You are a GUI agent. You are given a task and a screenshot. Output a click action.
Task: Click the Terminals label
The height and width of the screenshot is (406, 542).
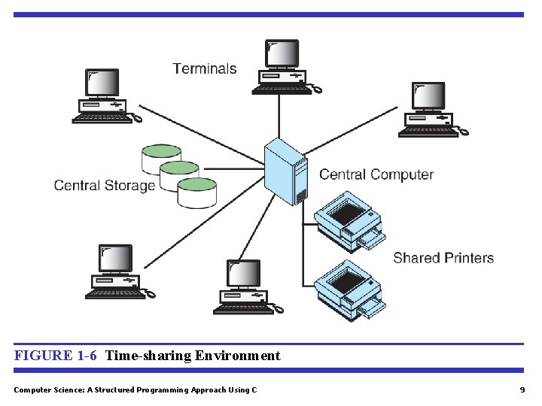pyautogui.click(x=204, y=68)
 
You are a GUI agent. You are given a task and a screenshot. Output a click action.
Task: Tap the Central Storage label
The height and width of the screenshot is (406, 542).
pyautogui.click(x=104, y=185)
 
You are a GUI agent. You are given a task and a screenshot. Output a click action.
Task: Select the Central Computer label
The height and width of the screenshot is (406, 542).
pyautogui.click(x=376, y=174)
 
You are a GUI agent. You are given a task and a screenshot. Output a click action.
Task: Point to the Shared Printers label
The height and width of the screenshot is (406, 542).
pyautogui.click(x=443, y=258)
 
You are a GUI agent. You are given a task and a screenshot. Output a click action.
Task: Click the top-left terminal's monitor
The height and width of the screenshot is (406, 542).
pyautogui.click(x=102, y=83)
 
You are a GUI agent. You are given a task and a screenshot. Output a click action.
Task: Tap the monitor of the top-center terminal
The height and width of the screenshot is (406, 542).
pyautogui.click(x=282, y=53)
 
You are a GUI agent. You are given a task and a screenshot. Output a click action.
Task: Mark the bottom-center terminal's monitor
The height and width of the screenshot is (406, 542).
pyautogui.click(x=243, y=274)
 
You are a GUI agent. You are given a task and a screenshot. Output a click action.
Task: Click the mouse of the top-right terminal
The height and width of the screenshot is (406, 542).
pyautogui.click(x=463, y=132)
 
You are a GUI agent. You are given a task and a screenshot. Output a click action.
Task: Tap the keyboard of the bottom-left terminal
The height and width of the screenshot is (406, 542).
pyautogui.click(x=114, y=295)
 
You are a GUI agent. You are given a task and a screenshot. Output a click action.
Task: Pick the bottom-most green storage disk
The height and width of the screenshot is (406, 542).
pyautogui.click(x=197, y=192)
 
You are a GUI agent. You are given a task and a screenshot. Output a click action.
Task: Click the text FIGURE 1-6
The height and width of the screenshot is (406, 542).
pyautogui.click(x=55, y=356)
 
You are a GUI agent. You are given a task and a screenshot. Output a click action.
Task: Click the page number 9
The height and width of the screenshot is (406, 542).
pyautogui.click(x=522, y=389)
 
